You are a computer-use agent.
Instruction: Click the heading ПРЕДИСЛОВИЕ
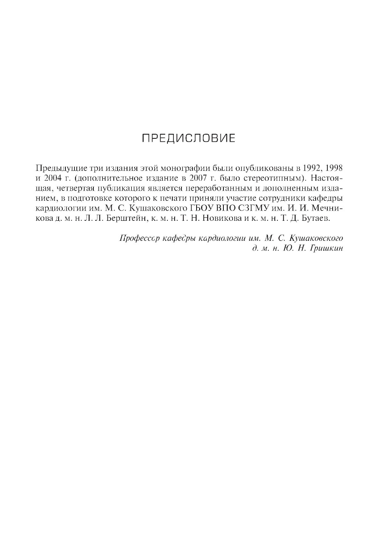click(x=188, y=138)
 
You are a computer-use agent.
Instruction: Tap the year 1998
click(x=334, y=167)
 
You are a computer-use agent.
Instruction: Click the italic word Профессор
click(x=139, y=238)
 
